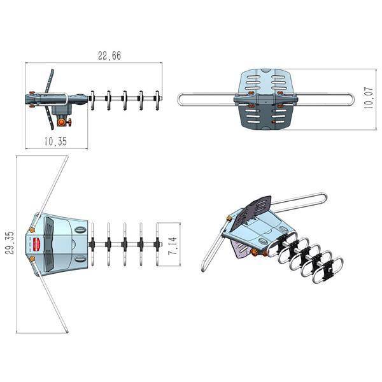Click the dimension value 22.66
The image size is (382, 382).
[x=110, y=56]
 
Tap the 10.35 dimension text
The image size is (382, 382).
[x=55, y=141]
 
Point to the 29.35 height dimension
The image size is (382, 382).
[x=9, y=243]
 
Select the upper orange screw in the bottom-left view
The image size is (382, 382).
[x=32, y=229]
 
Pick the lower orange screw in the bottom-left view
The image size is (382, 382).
[x=31, y=259]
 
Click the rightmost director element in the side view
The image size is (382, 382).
[x=157, y=100]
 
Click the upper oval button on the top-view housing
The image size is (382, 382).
[x=80, y=229]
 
